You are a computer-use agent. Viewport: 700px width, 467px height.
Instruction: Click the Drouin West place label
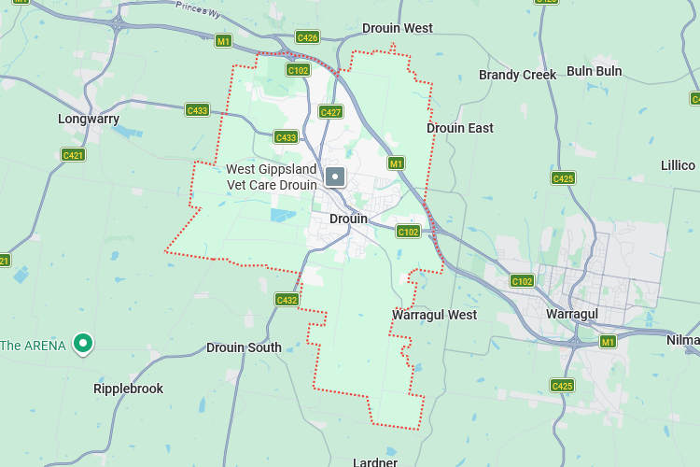click(x=397, y=28)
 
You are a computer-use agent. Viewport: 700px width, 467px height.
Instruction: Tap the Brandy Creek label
click(x=517, y=75)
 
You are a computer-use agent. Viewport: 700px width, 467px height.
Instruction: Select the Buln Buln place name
click(x=594, y=71)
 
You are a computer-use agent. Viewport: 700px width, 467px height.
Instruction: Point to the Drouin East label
click(x=460, y=128)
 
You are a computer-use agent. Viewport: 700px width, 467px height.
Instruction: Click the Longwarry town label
click(x=89, y=119)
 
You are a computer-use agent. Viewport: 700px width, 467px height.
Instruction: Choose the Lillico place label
click(x=678, y=165)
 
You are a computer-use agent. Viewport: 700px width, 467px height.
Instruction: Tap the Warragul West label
click(x=434, y=315)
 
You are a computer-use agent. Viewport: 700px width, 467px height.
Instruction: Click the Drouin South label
click(x=244, y=347)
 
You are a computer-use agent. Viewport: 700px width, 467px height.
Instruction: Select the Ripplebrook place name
click(x=128, y=389)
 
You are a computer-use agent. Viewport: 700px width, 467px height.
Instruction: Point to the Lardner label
click(x=375, y=461)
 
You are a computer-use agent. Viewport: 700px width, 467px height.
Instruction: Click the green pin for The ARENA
click(x=83, y=344)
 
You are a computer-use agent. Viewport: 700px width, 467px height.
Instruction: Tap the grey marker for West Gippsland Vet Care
click(x=335, y=177)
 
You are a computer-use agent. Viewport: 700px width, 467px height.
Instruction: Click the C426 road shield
click(x=307, y=37)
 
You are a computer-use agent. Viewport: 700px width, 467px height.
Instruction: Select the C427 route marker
click(x=330, y=112)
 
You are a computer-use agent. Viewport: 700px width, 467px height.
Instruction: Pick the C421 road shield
click(x=73, y=154)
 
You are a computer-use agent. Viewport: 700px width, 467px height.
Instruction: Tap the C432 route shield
click(x=287, y=300)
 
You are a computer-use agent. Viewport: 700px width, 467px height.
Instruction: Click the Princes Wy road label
click(x=198, y=8)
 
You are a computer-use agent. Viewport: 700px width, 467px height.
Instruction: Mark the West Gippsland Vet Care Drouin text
click(x=272, y=177)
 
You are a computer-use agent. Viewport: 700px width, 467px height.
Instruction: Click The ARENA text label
click(x=33, y=346)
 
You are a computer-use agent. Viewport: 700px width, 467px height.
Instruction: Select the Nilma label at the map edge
click(x=682, y=340)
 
